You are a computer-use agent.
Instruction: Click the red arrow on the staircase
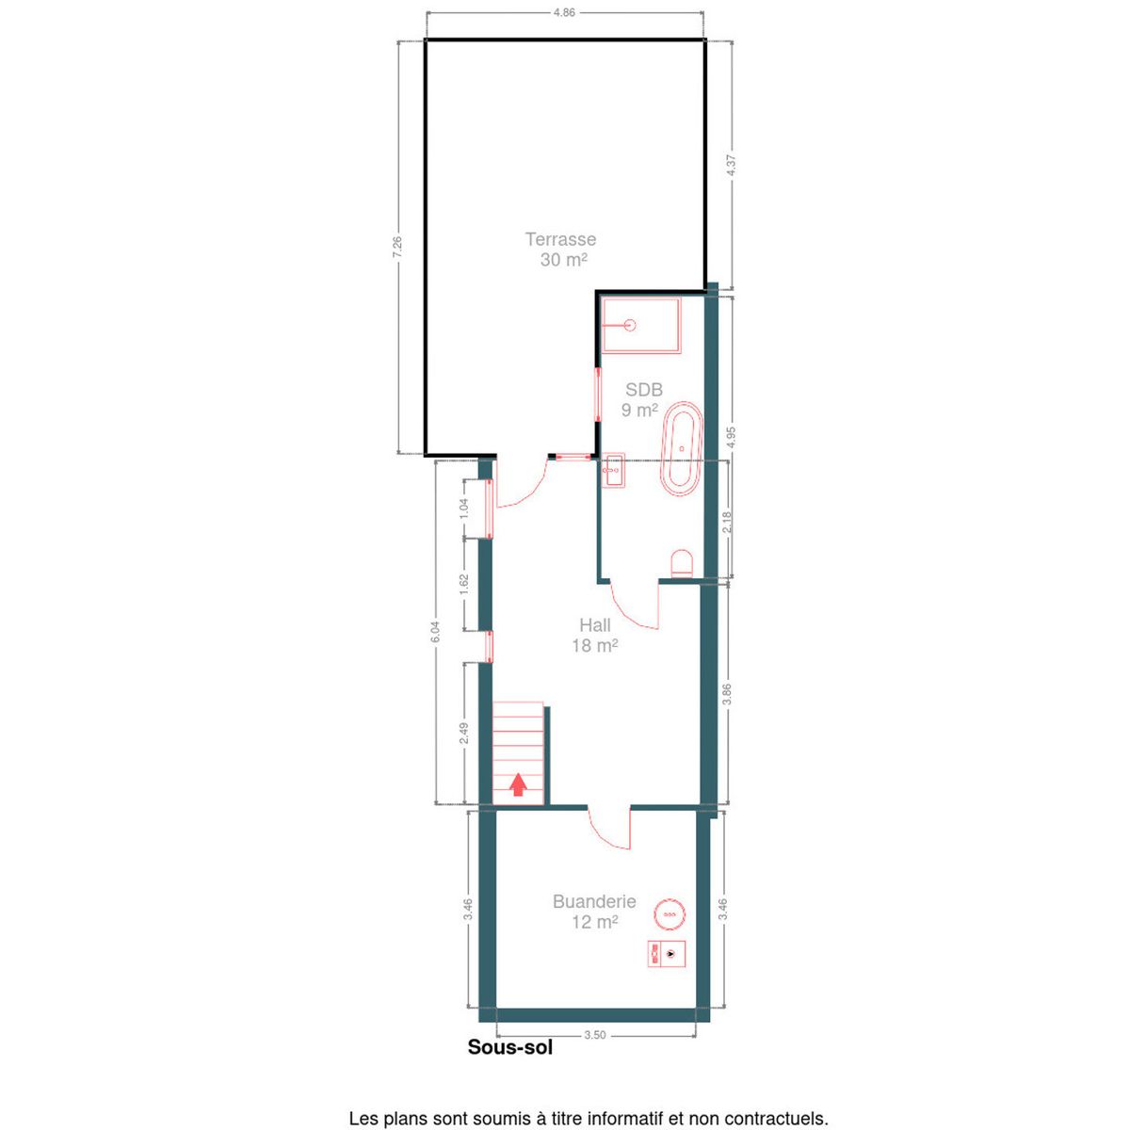517,784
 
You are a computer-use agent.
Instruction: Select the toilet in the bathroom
682,563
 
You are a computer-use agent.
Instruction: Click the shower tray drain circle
630,324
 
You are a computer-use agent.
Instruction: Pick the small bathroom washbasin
614,470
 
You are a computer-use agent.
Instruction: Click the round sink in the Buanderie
670,914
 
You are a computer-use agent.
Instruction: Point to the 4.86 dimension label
563,13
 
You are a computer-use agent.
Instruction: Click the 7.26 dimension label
397,247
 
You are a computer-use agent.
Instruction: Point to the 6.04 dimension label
435,632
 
